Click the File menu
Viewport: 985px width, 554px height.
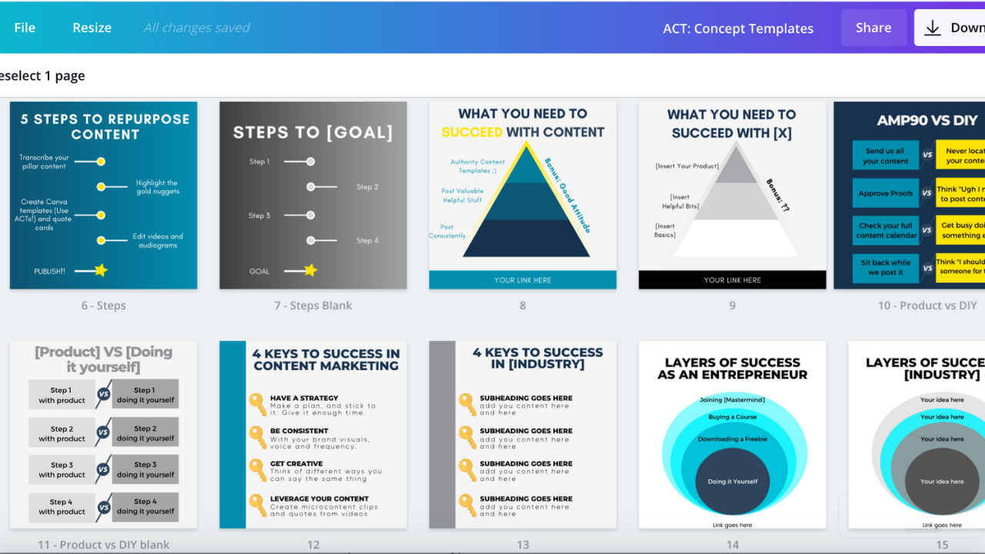tap(25, 28)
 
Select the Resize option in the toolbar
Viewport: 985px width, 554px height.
tap(92, 28)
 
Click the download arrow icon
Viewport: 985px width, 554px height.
tap(933, 28)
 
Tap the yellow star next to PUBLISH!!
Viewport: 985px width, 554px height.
tap(101, 270)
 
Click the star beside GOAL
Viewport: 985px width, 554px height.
tap(310, 270)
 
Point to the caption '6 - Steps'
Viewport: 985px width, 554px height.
tap(103, 305)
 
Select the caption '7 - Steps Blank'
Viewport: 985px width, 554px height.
tap(313, 305)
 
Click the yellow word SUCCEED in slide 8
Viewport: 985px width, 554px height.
tap(472, 132)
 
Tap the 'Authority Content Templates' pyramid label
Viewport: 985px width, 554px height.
tap(477, 166)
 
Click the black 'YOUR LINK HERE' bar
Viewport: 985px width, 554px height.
tap(732, 280)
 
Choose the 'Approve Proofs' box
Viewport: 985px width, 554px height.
tap(885, 194)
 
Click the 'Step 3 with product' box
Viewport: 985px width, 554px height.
tap(62, 469)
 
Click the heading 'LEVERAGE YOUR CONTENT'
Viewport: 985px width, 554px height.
tap(319, 499)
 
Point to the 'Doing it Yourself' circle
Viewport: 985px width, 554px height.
tap(733, 482)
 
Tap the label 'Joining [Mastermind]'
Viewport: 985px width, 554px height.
tap(732, 400)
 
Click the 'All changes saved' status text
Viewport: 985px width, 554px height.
tap(197, 28)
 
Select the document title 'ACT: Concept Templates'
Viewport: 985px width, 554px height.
tap(738, 28)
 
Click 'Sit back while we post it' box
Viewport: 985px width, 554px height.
tap(885, 267)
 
